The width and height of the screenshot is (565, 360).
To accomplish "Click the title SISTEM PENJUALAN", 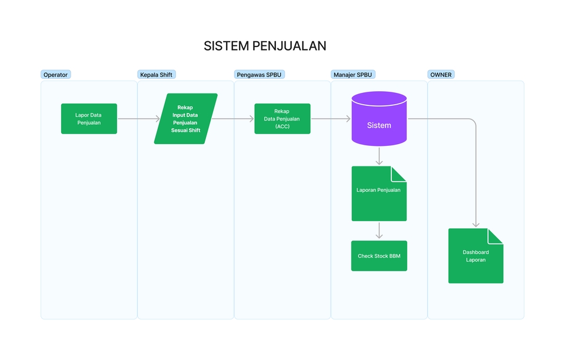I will tap(265, 46).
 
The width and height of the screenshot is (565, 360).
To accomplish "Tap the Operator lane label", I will tap(56, 75).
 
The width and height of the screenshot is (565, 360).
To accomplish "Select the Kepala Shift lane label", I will tap(156, 75).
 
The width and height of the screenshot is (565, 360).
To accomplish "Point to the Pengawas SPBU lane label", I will tap(260, 75).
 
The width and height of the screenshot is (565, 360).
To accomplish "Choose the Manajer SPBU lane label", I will tap(353, 75).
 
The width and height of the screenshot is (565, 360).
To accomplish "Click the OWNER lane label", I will tap(441, 75).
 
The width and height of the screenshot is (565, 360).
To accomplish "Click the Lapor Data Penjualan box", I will tap(89, 119).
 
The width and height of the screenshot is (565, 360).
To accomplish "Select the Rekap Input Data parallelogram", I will tap(185, 119).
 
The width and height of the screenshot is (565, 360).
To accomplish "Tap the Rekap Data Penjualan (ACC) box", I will tap(282, 119).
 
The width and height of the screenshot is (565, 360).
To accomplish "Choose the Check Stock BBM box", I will tap(379, 256).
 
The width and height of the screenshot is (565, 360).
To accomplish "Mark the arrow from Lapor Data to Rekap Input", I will tap(139, 119).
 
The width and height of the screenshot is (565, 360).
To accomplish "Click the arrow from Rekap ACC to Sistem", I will tap(331, 119).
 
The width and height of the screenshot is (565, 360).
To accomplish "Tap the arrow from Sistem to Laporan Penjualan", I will tap(379, 155).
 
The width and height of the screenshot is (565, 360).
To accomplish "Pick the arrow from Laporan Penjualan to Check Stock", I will tap(379, 230).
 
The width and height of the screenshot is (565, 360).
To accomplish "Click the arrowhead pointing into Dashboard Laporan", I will tap(476, 224).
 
